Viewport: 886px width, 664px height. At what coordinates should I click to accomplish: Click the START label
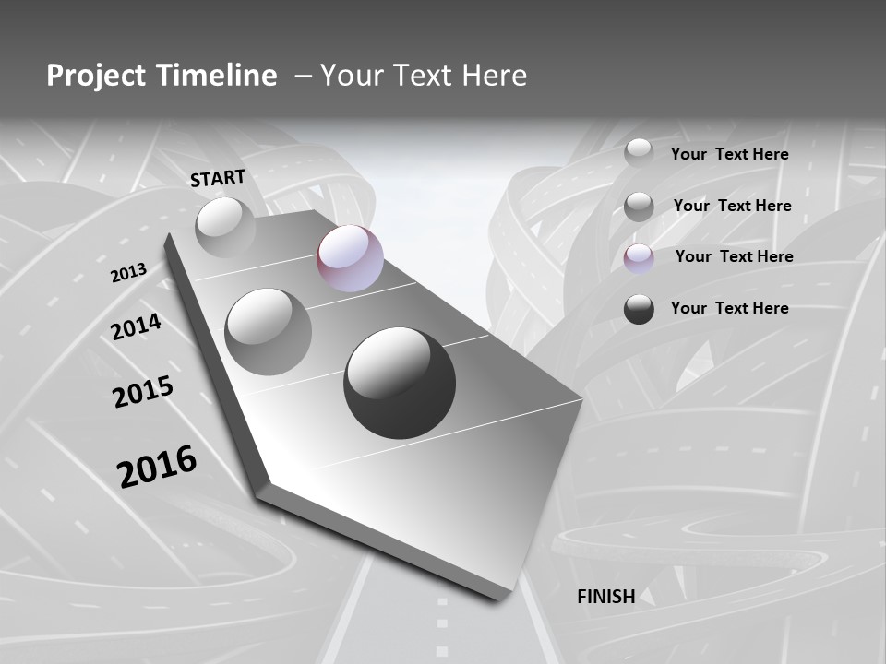(x=218, y=177)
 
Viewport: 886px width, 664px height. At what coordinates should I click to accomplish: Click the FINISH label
(x=605, y=596)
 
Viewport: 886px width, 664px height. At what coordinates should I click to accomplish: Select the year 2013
(x=128, y=272)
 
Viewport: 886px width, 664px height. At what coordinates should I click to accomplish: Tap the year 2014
(x=136, y=326)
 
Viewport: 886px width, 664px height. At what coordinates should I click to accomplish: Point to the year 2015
(x=143, y=392)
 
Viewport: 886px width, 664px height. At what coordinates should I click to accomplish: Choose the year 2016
(x=157, y=466)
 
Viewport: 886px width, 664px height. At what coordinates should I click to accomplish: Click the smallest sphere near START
(x=225, y=227)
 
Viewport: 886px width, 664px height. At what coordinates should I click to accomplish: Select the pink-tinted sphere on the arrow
(x=350, y=258)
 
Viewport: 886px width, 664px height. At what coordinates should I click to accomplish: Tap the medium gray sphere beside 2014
(x=269, y=332)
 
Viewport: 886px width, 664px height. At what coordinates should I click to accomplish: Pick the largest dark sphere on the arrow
(x=400, y=382)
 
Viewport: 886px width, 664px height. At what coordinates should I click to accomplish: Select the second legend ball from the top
(x=639, y=207)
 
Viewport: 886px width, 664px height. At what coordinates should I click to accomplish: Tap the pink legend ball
(x=639, y=258)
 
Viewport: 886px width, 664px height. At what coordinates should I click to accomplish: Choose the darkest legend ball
(x=639, y=309)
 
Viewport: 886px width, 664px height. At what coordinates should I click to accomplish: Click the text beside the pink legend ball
(x=734, y=256)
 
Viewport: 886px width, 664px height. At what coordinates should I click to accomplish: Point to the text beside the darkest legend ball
(x=729, y=308)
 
